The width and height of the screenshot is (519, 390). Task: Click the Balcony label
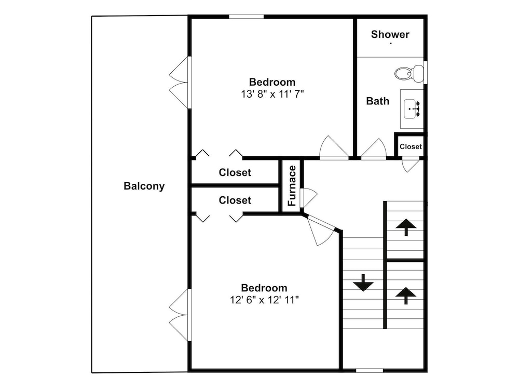[x=144, y=186]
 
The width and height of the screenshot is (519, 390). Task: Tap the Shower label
[x=390, y=34]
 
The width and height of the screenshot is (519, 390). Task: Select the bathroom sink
[x=412, y=109]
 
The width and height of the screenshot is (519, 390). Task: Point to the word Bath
[x=377, y=101]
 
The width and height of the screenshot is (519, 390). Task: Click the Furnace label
[x=292, y=186]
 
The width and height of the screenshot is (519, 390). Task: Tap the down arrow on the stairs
[x=363, y=283]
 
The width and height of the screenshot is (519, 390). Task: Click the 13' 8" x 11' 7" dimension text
[x=272, y=95]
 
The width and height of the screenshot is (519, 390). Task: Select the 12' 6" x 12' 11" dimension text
[x=264, y=300]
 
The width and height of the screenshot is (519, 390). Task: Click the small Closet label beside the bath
[x=411, y=146]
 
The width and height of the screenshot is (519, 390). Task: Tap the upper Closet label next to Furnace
[x=235, y=172]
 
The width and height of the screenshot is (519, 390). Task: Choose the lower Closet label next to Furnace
[x=235, y=200]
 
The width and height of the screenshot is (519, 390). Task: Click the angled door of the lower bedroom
[x=320, y=230]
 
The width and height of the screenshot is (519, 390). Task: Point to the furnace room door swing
[x=308, y=198]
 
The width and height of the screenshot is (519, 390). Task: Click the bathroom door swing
[x=374, y=149]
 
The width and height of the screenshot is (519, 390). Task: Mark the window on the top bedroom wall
[x=246, y=17]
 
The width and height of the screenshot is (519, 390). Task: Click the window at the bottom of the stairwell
[x=370, y=370]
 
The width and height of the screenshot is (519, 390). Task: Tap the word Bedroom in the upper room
[x=272, y=82]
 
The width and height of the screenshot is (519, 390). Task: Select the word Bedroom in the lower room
[x=264, y=288]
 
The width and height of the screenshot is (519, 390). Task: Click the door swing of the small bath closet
[x=411, y=166]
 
